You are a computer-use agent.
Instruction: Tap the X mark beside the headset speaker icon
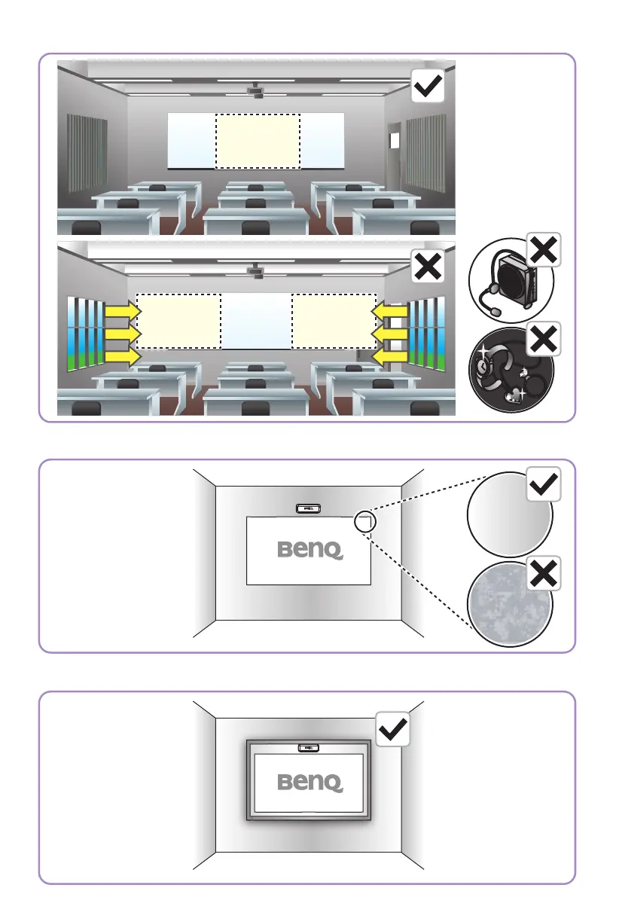click(544, 249)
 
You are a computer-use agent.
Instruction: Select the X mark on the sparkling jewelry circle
click(544, 340)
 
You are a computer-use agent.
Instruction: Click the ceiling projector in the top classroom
click(258, 90)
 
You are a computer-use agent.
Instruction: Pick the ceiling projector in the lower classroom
click(258, 270)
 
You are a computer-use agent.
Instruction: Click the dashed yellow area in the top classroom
click(258, 141)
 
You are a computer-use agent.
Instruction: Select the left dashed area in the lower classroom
click(178, 321)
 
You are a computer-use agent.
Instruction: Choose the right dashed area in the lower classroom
click(334, 321)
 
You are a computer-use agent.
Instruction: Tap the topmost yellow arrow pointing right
click(122, 309)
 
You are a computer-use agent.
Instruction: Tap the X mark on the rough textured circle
click(544, 575)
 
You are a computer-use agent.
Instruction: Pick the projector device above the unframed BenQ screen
click(309, 508)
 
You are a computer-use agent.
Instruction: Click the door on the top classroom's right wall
click(394, 141)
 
